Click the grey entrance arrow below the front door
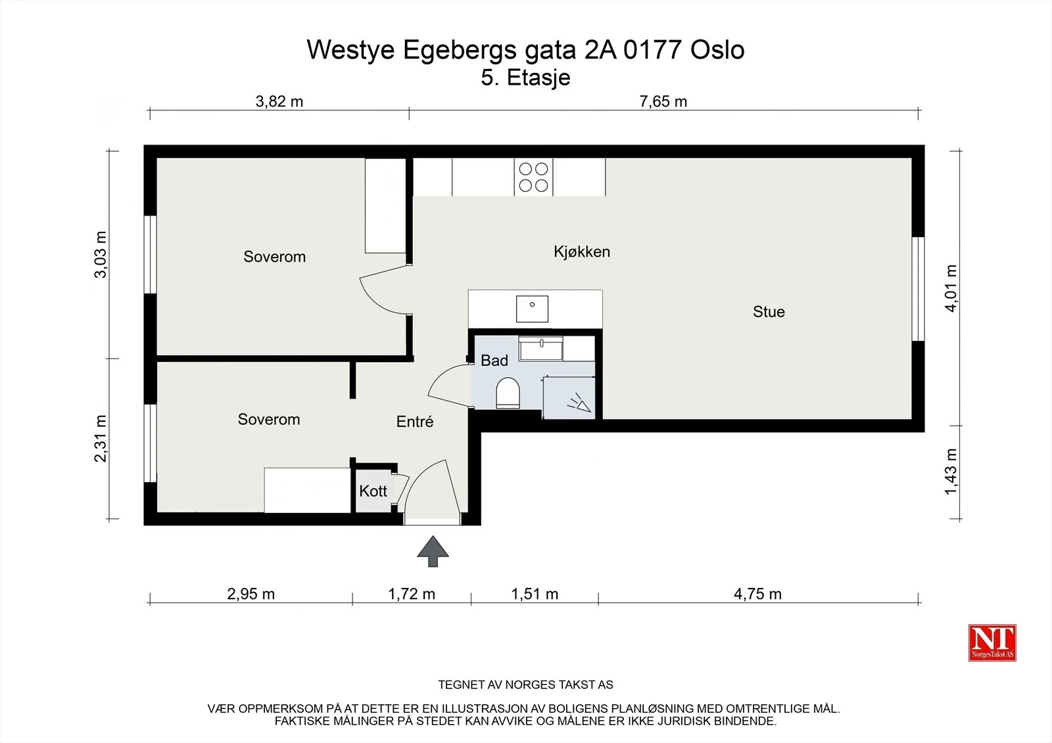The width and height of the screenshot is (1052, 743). pyautogui.click(x=433, y=551)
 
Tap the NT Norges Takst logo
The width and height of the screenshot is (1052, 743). pyautogui.click(x=992, y=642)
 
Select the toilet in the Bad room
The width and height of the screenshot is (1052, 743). pyautogui.click(x=508, y=393)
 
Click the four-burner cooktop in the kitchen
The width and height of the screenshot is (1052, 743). pyautogui.click(x=533, y=177)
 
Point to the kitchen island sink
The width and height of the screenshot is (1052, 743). pyautogui.click(x=532, y=309)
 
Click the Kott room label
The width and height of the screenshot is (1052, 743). pyautogui.click(x=373, y=491)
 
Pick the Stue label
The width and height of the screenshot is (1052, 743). pyautogui.click(x=769, y=311)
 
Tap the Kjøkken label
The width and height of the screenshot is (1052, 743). pyautogui.click(x=582, y=252)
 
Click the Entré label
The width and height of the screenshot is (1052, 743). pyautogui.click(x=415, y=422)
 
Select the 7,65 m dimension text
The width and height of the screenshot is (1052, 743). pyautogui.click(x=663, y=101)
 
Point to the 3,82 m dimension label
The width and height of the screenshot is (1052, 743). pyautogui.click(x=279, y=101)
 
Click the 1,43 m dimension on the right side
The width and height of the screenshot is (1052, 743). pyautogui.click(x=951, y=472)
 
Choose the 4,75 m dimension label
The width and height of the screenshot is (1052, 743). pyautogui.click(x=757, y=595)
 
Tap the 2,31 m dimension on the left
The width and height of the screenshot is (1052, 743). pyautogui.click(x=101, y=439)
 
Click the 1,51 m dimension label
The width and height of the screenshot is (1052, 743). pyautogui.click(x=535, y=595)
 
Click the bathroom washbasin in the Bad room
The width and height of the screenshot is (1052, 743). pyautogui.click(x=540, y=348)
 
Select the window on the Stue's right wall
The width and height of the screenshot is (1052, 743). pyautogui.click(x=918, y=288)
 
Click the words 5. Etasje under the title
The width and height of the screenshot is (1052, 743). pyautogui.click(x=525, y=78)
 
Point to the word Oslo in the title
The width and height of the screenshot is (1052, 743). pyautogui.click(x=717, y=50)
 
